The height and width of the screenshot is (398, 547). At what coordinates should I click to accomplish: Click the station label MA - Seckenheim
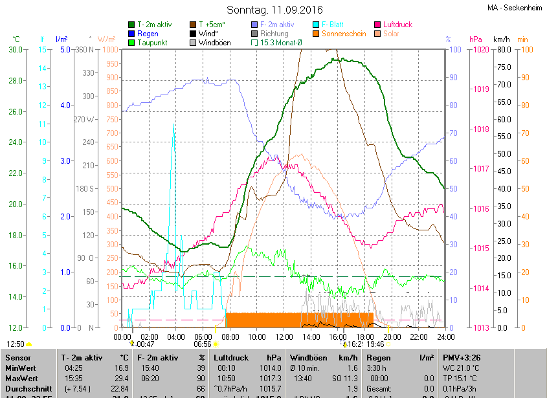pyautogui.click(x=515, y=8)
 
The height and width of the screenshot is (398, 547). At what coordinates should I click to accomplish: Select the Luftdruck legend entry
pyautogui.click(x=396, y=25)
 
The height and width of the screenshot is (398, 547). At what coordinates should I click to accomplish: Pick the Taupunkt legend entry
pyautogui.click(x=153, y=43)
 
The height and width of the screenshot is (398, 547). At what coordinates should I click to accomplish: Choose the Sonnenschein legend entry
pyautogui.click(x=344, y=34)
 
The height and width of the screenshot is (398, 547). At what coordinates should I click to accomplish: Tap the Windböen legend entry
pyautogui.click(x=215, y=43)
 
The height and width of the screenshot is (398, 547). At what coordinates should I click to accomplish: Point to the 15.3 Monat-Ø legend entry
pyautogui.click(x=282, y=43)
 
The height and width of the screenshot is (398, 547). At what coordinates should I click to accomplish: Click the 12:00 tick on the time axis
pyautogui.click(x=284, y=337)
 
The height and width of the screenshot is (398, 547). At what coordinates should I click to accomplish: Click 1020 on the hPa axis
pyautogui.click(x=480, y=50)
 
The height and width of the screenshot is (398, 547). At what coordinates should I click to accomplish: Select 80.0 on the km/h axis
pyautogui.click(x=502, y=50)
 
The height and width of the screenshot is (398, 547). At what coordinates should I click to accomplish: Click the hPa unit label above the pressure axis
pyautogui.click(x=476, y=39)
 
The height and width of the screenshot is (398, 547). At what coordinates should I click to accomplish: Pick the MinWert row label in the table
pyautogui.click(x=20, y=367)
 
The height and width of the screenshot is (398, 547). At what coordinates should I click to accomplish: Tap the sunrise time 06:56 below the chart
pyautogui.click(x=203, y=344)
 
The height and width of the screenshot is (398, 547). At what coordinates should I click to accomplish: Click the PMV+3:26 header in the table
pyautogui.click(x=462, y=357)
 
